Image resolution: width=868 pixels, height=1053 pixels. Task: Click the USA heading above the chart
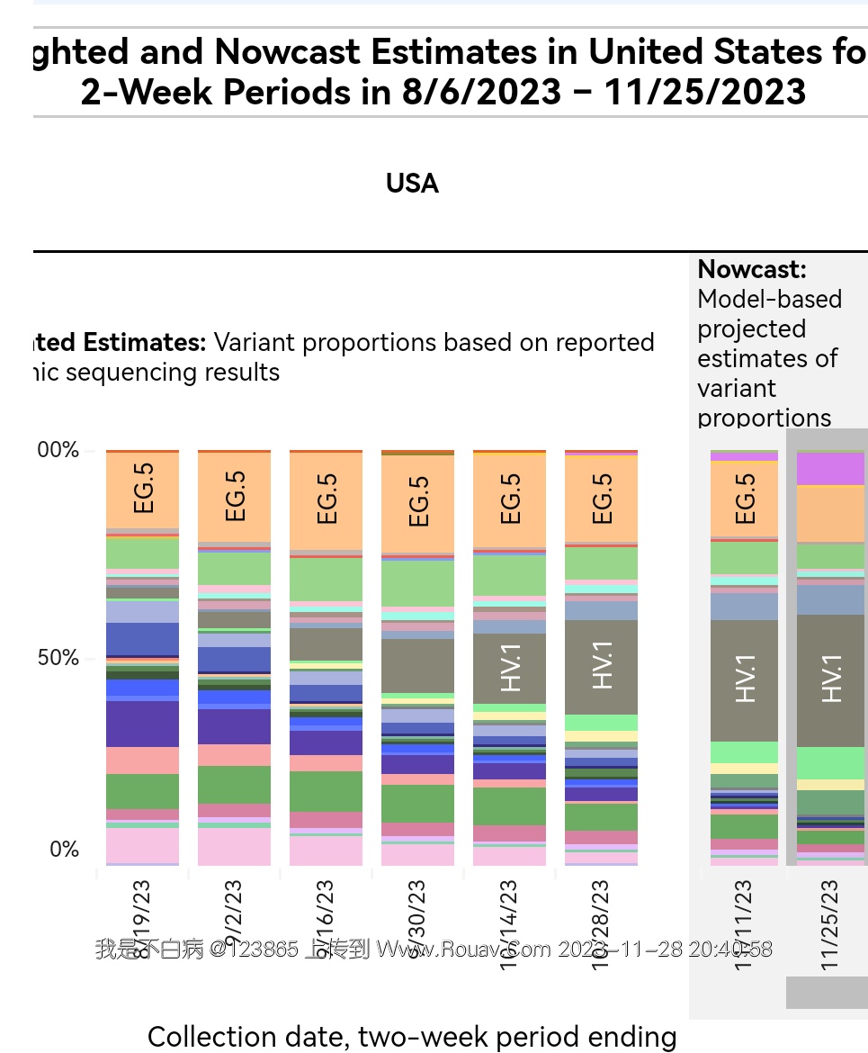click(412, 184)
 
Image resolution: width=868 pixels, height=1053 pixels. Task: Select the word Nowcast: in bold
click(752, 269)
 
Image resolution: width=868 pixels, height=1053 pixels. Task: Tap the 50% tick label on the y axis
click(58, 658)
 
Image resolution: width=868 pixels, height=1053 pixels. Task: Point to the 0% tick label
click(64, 850)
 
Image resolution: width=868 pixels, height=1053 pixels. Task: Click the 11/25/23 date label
click(830, 924)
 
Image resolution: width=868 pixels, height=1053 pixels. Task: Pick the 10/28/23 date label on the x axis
click(601, 924)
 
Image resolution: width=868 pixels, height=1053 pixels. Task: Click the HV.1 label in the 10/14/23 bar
click(510, 668)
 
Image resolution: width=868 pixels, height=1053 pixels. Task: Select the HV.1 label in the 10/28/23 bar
click(602, 665)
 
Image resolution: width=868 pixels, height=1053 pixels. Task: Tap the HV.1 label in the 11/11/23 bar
click(746, 678)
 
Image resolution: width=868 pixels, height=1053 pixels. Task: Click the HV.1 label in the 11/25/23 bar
click(832, 678)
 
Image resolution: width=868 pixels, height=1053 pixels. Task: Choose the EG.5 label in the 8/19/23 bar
click(143, 488)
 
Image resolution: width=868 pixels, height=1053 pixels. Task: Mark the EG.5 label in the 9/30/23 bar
click(418, 500)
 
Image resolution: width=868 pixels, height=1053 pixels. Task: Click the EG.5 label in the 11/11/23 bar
click(745, 498)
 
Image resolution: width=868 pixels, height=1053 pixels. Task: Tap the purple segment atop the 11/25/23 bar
click(830, 469)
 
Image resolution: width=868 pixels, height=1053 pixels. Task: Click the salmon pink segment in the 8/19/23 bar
click(142, 760)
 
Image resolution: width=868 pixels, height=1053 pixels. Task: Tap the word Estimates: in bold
click(144, 343)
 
